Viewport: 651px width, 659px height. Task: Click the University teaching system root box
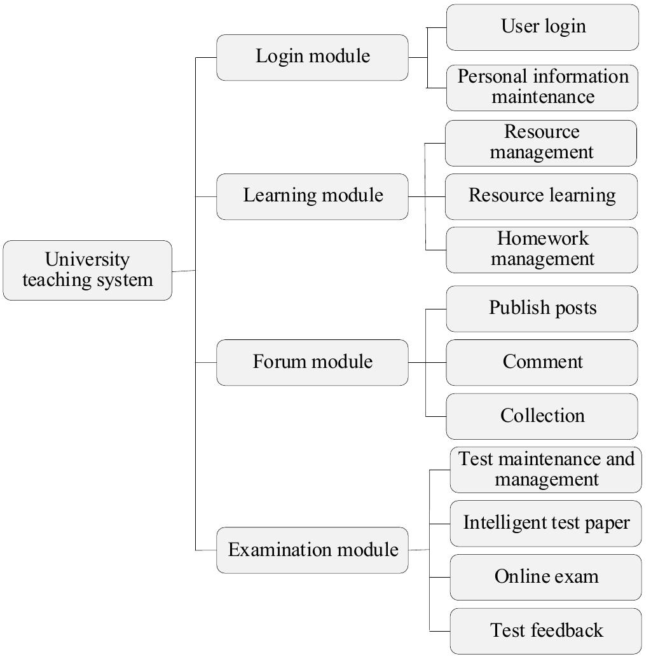coord(88,270)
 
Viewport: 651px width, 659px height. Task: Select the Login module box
coord(312,57)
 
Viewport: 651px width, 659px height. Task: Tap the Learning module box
coord(312,196)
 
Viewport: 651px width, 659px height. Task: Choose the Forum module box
coord(312,362)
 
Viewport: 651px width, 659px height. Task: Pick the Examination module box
coord(312,550)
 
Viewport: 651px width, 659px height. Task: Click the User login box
coord(542,27)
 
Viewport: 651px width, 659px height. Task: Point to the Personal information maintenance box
coord(542,87)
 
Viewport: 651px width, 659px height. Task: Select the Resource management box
coord(541,143)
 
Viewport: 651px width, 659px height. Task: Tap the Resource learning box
coord(541,196)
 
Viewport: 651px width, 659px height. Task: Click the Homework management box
coord(542,250)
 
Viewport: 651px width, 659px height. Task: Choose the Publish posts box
coord(542,309)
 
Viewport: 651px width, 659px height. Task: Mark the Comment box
coord(542,362)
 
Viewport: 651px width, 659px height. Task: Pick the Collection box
coord(542,416)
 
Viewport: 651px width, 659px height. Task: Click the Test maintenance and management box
coord(545,470)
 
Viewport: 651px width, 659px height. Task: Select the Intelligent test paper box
coord(545,524)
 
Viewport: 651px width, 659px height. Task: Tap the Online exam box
coord(545,577)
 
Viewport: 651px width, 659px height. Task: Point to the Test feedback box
coord(545,631)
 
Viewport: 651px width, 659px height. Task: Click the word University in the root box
coord(87,260)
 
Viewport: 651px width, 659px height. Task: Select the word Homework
coord(542,240)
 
